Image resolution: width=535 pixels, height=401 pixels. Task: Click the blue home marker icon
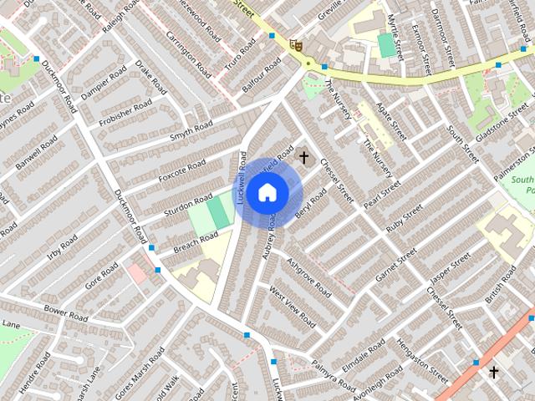tap(267, 193)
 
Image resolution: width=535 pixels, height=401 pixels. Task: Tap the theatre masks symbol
tap(295, 45)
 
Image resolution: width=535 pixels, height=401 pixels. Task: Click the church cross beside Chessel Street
tap(303, 156)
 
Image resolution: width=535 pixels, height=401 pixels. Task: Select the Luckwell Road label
tap(242, 178)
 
